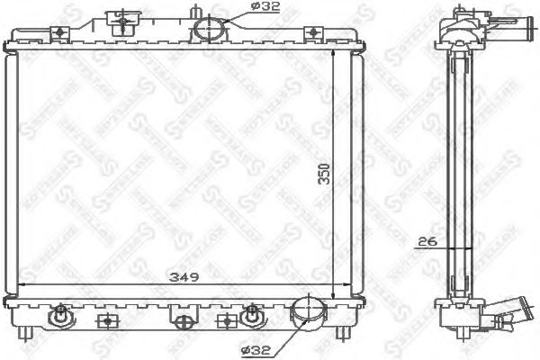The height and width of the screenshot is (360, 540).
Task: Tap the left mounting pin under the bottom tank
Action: click(34, 333)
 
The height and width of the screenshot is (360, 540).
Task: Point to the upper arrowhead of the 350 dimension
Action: click(334, 53)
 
